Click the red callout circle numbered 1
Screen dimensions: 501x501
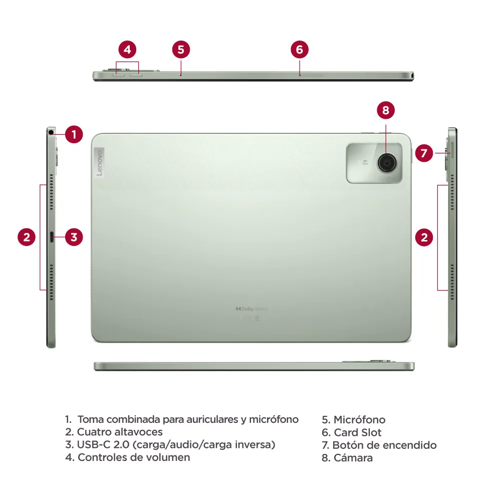click(x=74, y=134)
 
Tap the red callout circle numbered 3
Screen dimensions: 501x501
click(x=74, y=237)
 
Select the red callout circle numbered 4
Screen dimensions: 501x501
click(x=128, y=50)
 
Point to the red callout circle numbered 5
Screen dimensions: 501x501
click(x=181, y=50)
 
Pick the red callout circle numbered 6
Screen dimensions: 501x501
click(x=300, y=50)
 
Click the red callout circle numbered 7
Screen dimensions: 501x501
click(x=424, y=153)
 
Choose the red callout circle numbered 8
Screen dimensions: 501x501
click(x=386, y=110)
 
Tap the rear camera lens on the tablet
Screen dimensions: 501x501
click(x=386, y=162)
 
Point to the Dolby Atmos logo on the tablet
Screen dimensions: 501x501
click(x=252, y=309)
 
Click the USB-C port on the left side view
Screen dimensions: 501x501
click(x=52, y=237)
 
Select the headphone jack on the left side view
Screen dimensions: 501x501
click(x=51, y=133)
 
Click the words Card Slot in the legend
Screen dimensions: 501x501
click(x=358, y=432)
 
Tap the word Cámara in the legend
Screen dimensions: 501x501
click(x=353, y=457)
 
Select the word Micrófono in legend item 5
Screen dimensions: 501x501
click(x=359, y=420)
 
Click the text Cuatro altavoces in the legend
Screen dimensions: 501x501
click(x=120, y=432)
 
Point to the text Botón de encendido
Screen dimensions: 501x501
click(x=384, y=445)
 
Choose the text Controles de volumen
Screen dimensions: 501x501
click(x=134, y=457)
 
